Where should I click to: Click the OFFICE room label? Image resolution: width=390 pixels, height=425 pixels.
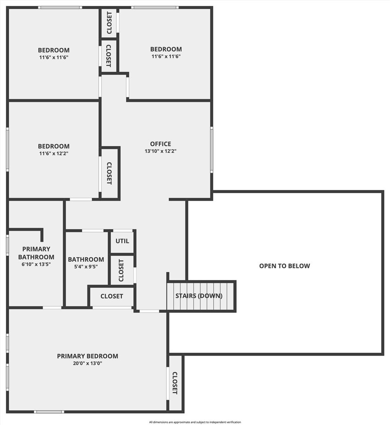(160, 144)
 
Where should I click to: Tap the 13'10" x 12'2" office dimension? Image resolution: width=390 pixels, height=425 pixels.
(160, 151)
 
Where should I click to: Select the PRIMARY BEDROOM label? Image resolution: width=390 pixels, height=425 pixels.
(87, 356)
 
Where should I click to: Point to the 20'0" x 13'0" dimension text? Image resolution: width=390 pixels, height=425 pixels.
(87, 363)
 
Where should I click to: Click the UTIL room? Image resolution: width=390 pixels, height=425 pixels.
(122, 241)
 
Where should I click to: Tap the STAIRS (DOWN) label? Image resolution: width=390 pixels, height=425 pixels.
(199, 296)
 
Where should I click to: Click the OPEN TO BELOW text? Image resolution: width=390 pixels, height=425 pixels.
(284, 266)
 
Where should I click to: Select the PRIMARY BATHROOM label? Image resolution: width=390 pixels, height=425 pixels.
(36, 253)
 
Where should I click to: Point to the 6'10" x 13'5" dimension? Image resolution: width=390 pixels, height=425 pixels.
(36, 264)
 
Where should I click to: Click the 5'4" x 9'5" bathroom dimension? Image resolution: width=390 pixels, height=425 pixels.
(86, 266)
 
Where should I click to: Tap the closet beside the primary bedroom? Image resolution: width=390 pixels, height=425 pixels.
(175, 383)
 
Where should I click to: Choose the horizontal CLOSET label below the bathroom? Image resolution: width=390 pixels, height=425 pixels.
(112, 296)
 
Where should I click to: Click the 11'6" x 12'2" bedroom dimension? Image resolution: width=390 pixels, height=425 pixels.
(54, 153)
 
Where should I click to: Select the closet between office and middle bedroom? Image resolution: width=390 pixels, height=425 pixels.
(109, 173)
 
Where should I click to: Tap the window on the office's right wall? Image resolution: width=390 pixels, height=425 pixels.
(212, 150)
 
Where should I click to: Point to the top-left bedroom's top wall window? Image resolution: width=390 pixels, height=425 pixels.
(60, 7)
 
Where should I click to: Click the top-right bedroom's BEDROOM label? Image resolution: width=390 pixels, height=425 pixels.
(166, 49)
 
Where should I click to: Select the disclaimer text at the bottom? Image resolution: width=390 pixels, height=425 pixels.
(195, 422)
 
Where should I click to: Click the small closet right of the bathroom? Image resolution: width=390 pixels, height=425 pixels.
(121, 270)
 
